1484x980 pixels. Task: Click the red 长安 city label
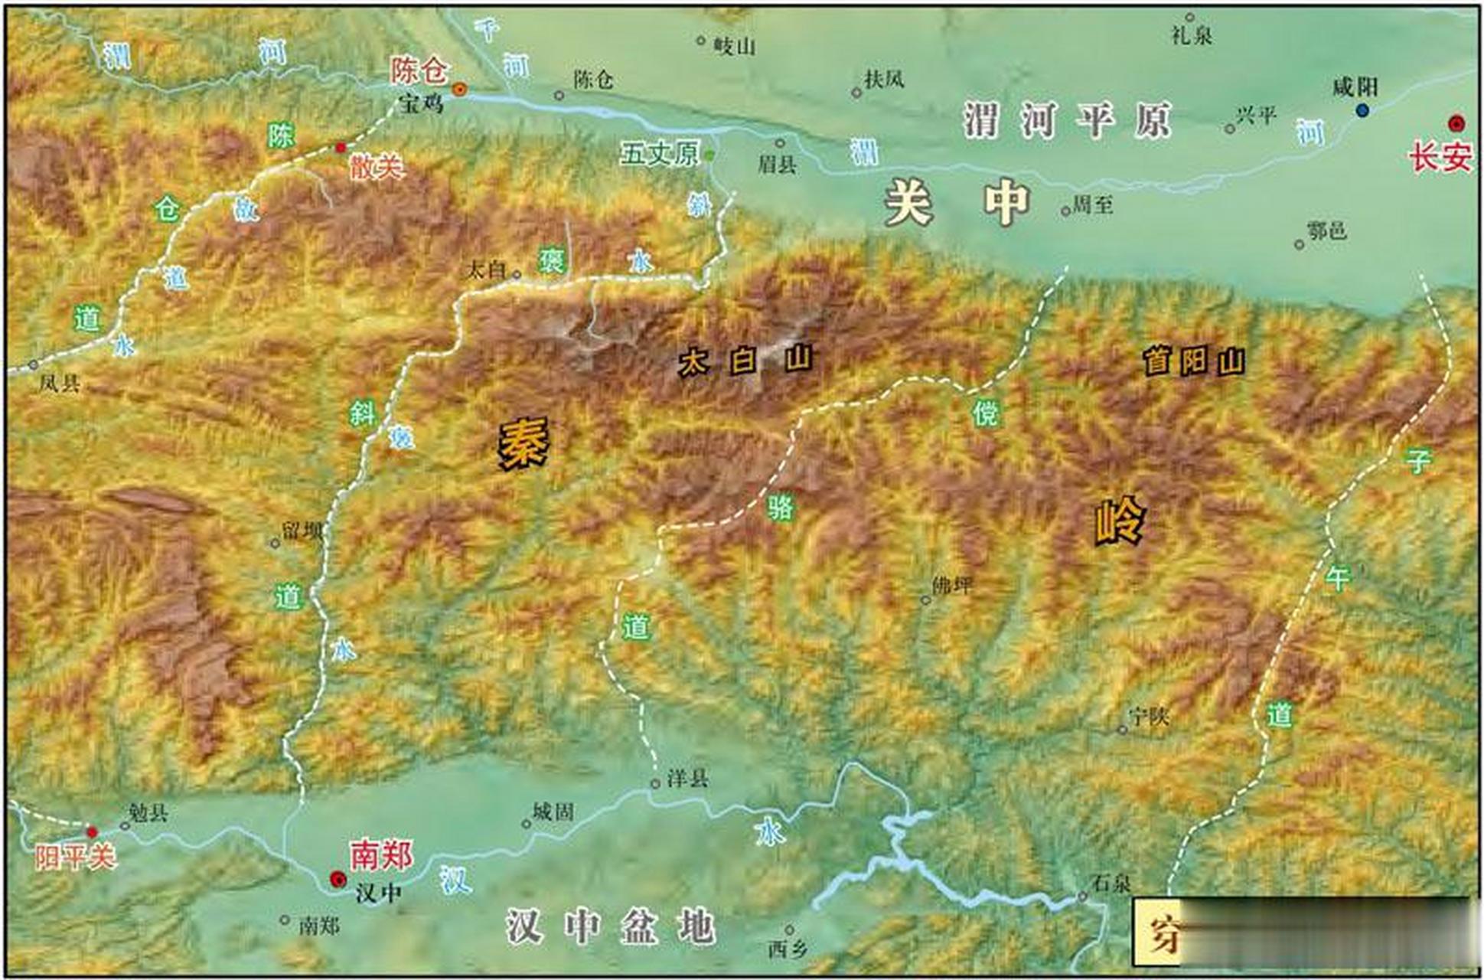tap(1440, 158)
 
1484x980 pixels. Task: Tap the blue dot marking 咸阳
tap(1362, 111)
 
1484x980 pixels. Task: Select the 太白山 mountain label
tap(745, 361)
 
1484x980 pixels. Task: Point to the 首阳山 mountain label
tap(1194, 361)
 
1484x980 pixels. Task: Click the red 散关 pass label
tap(377, 166)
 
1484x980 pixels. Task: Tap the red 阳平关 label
tap(74, 856)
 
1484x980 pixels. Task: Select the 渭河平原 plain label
tap(1067, 120)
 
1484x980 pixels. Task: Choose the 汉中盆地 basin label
tap(610, 927)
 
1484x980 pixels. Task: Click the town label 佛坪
tap(952, 586)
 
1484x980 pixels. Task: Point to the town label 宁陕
tap(1149, 717)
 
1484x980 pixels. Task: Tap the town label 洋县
tap(687, 779)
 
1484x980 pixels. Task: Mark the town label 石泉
tap(1111, 884)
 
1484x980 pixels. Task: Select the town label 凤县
tap(59, 383)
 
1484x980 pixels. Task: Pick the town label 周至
tap(1092, 204)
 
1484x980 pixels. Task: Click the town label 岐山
tap(734, 47)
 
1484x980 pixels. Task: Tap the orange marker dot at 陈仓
tap(459, 90)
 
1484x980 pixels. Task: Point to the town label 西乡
tap(788, 949)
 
